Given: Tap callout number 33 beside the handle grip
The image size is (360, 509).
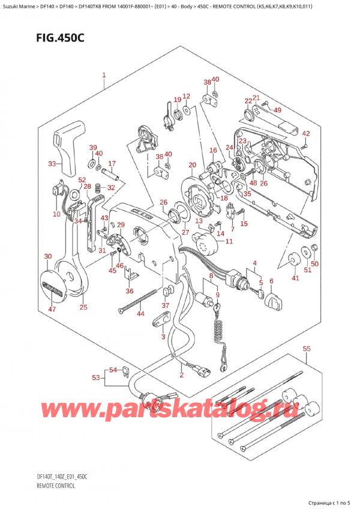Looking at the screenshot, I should click(52, 164).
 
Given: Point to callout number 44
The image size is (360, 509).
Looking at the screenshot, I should click(140, 314).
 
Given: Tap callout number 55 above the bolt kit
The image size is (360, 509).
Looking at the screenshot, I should click(307, 349).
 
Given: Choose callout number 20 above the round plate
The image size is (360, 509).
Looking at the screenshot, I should click(192, 165).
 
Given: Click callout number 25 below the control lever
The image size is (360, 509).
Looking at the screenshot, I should click(83, 307).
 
